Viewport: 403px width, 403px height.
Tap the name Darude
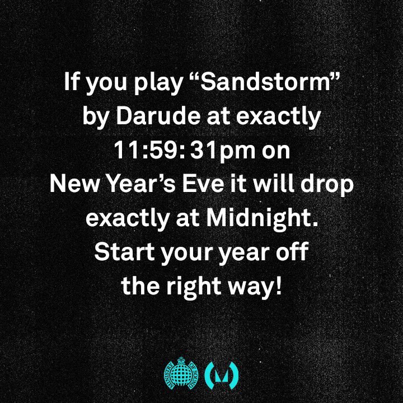[158, 116]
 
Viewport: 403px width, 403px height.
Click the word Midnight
[262, 218]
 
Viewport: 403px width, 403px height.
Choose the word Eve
[203, 184]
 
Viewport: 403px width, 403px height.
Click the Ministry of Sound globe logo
[181, 373]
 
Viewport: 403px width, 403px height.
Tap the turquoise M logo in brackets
[221, 375]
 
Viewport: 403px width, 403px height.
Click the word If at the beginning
[71, 82]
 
